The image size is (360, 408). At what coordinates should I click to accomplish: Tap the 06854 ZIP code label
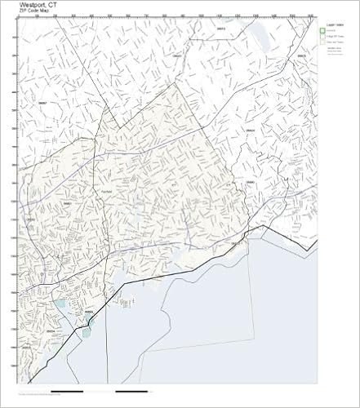[51, 330]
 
